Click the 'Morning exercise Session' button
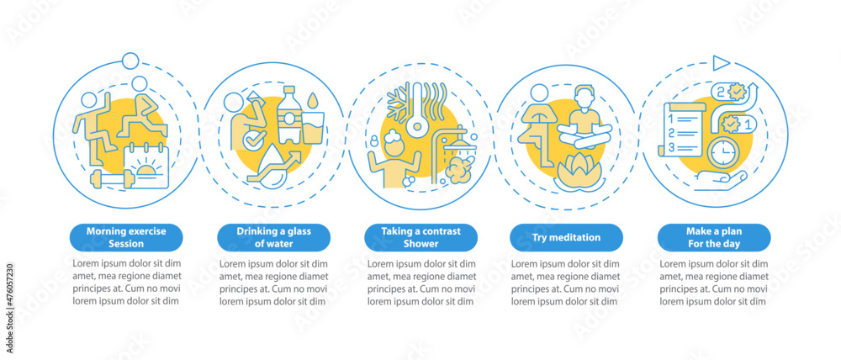126,237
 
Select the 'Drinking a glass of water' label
273,237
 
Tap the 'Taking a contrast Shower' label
420,237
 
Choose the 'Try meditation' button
567,237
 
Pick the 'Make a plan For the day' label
714,237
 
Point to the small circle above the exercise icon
130,61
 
